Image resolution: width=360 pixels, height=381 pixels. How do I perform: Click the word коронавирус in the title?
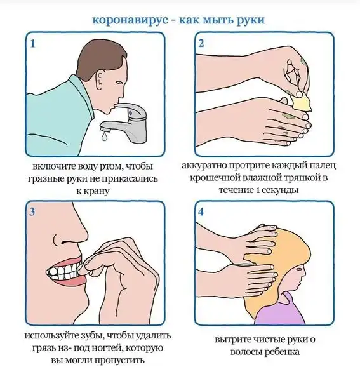tap(130, 20)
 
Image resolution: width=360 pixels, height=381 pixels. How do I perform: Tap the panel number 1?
tap(33, 44)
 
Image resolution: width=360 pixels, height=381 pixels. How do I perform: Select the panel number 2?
tap(201, 43)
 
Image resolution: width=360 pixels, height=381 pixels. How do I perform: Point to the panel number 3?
tap(32, 212)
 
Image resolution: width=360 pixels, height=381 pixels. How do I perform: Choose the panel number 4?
tap(201, 212)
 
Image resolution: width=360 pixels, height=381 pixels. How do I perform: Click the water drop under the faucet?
tap(105, 137)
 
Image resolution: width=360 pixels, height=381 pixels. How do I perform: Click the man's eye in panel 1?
tap(119, 83)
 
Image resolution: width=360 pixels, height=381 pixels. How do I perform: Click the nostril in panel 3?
tap(65, 243)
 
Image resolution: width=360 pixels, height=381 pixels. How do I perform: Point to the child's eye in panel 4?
tap(298, 270)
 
